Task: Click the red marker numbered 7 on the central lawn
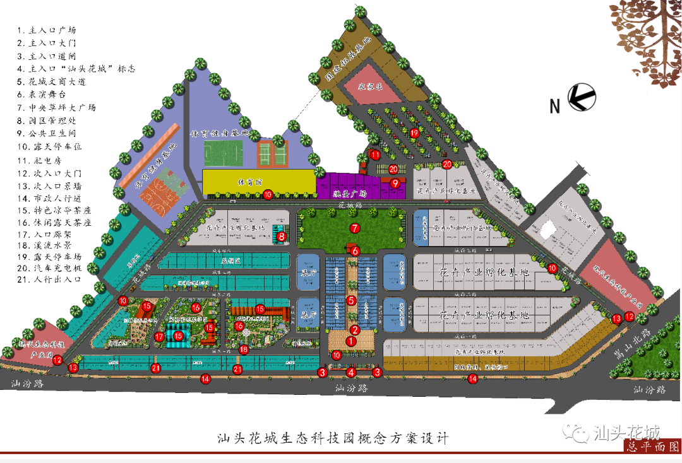355,227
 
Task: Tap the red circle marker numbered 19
414,133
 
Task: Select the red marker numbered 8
282,237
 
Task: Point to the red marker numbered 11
375,155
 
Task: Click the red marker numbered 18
244,349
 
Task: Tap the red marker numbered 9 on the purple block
395,183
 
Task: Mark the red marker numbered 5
351,300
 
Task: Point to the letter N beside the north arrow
554,106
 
